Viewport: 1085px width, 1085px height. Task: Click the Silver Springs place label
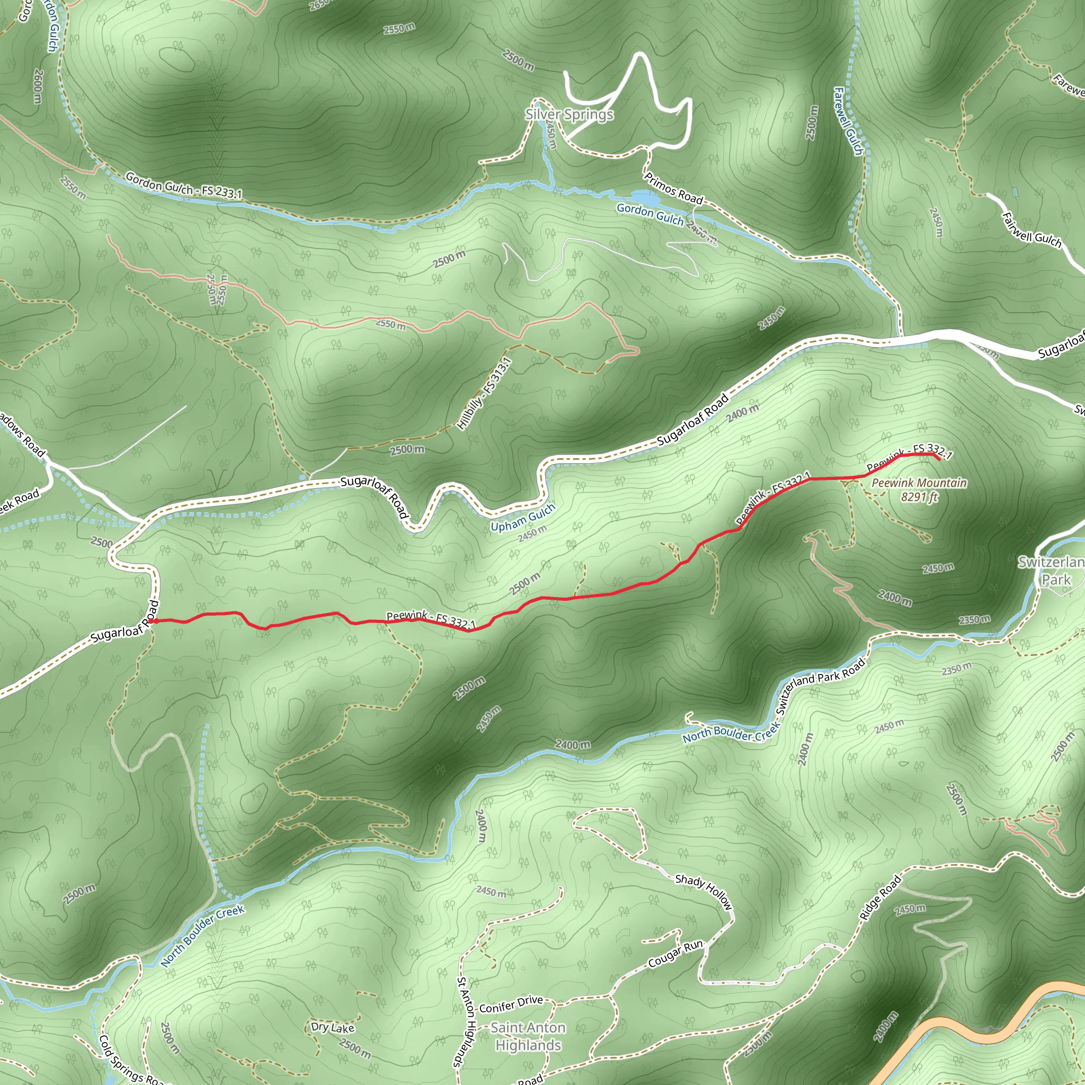point(569,114)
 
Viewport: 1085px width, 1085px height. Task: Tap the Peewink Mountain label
point(919,483)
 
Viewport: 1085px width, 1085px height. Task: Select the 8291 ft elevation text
point(919,497)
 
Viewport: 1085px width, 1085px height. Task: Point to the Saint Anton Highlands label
point(528,1036)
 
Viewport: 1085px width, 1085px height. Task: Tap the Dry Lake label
point(333,1027)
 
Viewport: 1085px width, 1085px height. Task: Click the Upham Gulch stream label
point(522,517)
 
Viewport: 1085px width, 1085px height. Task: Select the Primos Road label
point(673,188)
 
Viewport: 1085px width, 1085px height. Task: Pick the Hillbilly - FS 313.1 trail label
point(484,394)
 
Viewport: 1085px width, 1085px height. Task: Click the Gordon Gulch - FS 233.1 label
point(184,185)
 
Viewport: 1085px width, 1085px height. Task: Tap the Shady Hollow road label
point(704,891)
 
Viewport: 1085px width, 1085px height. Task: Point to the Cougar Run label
point(675,954)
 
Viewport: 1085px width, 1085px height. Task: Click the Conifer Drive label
point(511,1003)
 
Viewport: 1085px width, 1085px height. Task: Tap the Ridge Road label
point(880,897)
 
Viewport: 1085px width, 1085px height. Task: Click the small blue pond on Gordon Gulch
point(645,198)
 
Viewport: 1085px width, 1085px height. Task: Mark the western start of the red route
point(150,620)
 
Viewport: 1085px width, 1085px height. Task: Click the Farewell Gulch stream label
point(848,121)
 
